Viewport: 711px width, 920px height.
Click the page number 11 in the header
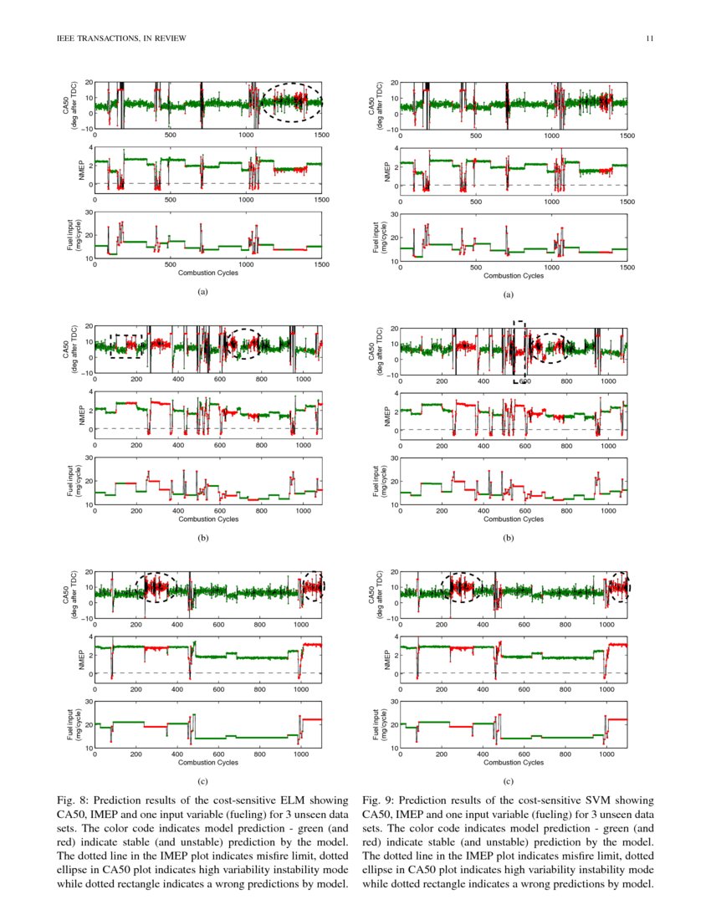649,38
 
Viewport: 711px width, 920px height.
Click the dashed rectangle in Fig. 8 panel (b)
127,345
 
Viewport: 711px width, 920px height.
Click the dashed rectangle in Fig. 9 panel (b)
519,351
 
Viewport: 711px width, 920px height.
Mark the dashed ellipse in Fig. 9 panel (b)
550,347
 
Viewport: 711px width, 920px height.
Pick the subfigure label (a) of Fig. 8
202,292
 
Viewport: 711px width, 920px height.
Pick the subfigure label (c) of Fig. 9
508,780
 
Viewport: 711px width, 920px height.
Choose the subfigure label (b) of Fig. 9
508,538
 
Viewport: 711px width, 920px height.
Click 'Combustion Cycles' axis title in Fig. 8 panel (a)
208,273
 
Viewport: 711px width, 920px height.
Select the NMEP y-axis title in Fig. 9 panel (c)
387,656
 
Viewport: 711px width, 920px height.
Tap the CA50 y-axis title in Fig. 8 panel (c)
70,595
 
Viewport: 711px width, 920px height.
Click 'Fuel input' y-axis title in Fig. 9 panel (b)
378,482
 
